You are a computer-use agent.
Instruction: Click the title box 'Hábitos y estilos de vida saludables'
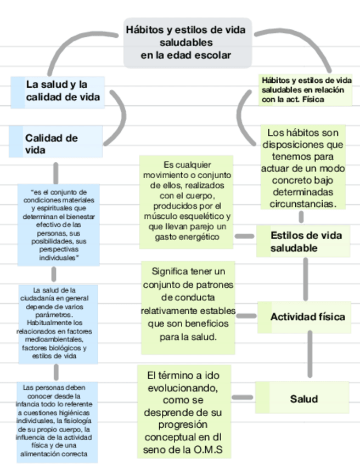click(187, 42)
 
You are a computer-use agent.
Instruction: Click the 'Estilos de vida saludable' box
click(303, 242)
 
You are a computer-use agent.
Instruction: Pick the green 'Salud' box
click(303, 399)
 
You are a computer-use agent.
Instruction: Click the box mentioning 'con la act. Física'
click(306, 90)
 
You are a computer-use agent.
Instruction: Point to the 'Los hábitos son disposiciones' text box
click(303, 168)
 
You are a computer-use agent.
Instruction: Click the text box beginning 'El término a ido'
click(184, 413)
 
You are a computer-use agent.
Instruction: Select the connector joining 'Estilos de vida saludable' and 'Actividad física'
click(306, 279)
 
